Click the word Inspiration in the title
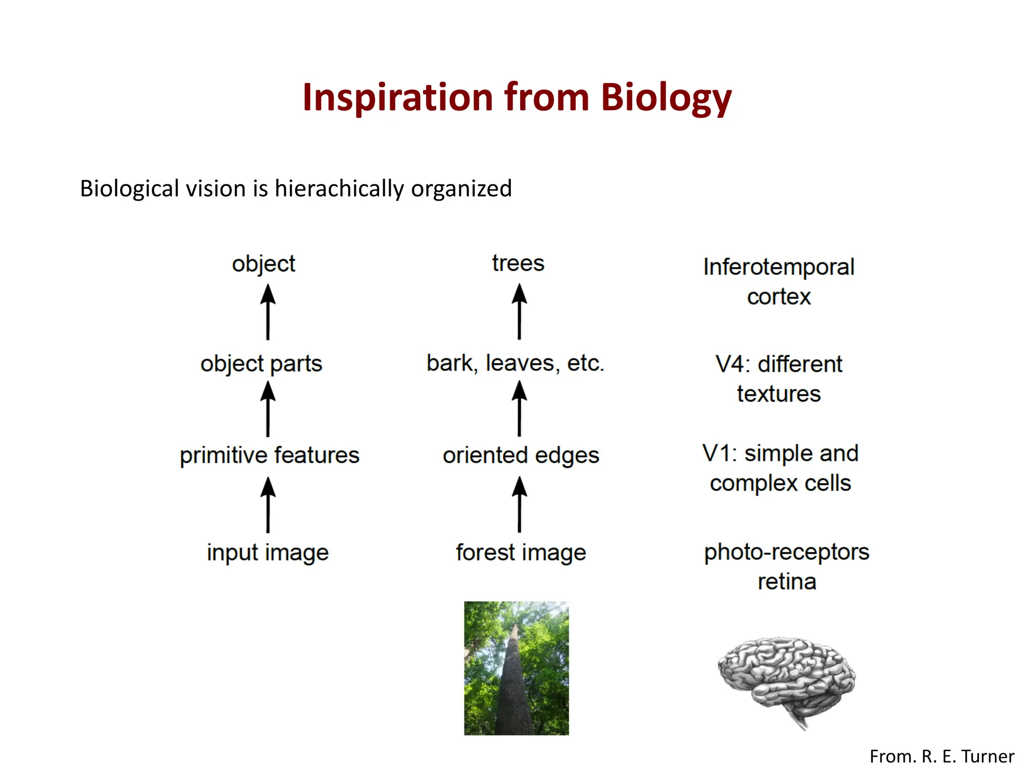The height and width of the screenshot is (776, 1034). click(397, 97)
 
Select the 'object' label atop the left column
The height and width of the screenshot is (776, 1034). click(264, 264)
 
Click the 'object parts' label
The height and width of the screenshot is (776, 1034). click(261, 364)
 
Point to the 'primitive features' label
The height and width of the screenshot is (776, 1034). click(270, 455)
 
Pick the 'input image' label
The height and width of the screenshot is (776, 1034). click(268, 552)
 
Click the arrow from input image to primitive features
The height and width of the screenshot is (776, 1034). click(268, 505)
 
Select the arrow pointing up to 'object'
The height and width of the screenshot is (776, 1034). click(268, 312)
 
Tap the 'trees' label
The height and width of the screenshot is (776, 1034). click(519, 263)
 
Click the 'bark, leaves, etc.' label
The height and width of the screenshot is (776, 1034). click(515, 363)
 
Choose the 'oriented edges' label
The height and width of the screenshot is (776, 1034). click(521, 455)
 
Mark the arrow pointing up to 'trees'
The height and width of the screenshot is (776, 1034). click(520, 312)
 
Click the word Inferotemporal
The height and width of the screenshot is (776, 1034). click(779, 267)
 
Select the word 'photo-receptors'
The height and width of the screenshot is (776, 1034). click(787, 552)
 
